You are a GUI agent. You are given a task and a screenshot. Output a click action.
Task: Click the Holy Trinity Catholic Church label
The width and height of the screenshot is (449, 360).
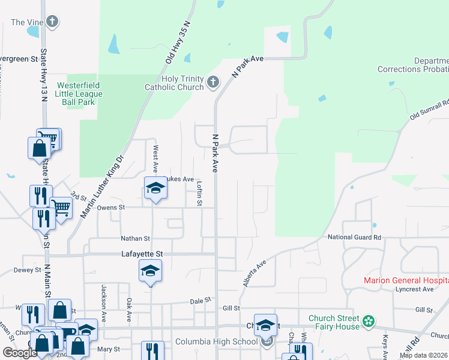click(173, 83)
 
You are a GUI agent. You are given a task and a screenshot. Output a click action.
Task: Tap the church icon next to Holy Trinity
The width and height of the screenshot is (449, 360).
click(212, 82)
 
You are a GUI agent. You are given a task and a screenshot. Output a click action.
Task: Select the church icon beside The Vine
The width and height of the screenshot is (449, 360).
click(52, 23)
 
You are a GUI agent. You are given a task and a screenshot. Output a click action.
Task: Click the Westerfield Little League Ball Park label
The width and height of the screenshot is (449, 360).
click(79, 94)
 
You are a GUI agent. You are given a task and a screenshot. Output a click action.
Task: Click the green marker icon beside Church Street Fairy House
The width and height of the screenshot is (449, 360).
click(369, 322)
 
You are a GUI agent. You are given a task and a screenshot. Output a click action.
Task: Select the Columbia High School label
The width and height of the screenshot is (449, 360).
click(215, 342)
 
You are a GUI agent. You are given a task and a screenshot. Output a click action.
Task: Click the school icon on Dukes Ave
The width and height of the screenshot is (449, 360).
click(155, 188)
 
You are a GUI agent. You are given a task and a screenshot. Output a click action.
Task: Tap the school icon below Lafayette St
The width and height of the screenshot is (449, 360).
click(151, 271)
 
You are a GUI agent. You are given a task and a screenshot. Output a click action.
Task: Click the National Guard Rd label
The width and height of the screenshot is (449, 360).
click(354, 238)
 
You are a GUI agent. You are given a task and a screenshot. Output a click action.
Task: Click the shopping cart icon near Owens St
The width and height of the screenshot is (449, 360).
click(61, 208)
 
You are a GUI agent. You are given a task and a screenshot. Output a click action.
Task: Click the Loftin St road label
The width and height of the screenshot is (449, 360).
click(199, 194)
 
